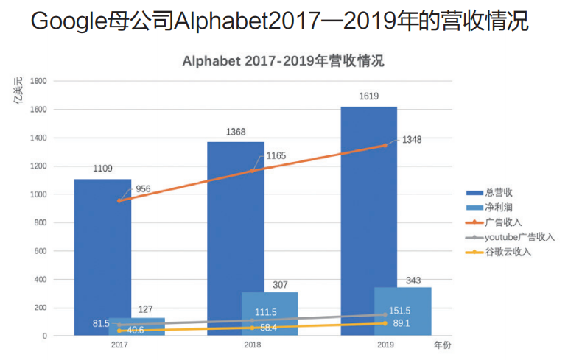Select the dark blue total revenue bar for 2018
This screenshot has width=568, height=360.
(235, 221)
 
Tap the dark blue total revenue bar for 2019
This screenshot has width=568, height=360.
(368, 206)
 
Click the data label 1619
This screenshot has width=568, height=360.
(369, 96)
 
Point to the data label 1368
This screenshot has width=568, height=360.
(236, 132)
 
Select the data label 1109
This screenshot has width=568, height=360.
(102, 169)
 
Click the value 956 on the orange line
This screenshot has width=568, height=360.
(144, 188)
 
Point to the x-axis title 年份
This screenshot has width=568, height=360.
(442, 344)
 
